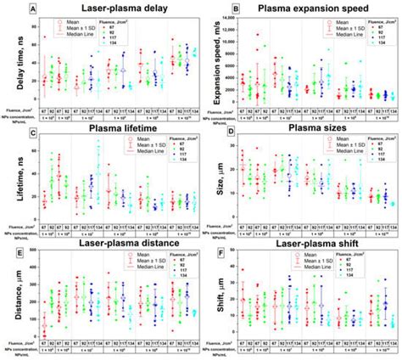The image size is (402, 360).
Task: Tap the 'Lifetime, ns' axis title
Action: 8,175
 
